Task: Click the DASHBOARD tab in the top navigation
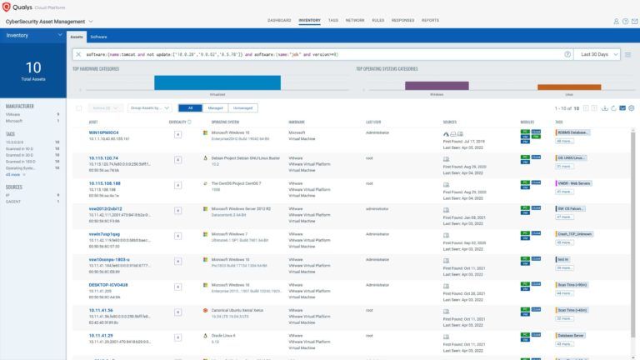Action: coord(279,20)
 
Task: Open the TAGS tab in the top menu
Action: coord(333,20)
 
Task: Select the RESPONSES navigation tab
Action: coord(402,20)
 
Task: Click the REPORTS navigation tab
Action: coord(430,20)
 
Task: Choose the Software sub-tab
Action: coord(98,37)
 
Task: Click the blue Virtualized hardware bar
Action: coord(217,82)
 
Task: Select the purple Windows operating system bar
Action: coord(436,85)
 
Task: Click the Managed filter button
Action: coord(215,107)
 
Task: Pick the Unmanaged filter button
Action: coord(242,107)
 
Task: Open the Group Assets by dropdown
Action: coord(150,107)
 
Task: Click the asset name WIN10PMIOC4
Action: coord(104,132)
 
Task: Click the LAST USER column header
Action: coord(373,122)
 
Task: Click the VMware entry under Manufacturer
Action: coord(13,114)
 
